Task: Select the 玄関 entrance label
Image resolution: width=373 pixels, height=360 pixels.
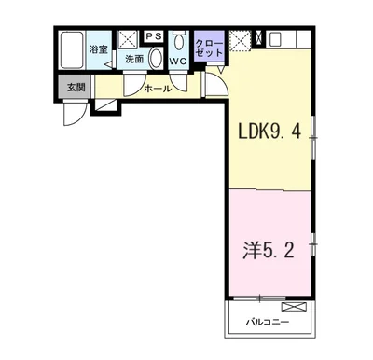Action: click(74, 89)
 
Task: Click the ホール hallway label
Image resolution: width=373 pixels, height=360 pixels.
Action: click(157, 90)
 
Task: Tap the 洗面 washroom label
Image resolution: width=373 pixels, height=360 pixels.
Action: click(134, 60)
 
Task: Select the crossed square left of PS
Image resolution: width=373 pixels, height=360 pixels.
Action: click(131, 37)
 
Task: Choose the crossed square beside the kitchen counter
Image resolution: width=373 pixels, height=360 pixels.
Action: click(241, 41)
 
